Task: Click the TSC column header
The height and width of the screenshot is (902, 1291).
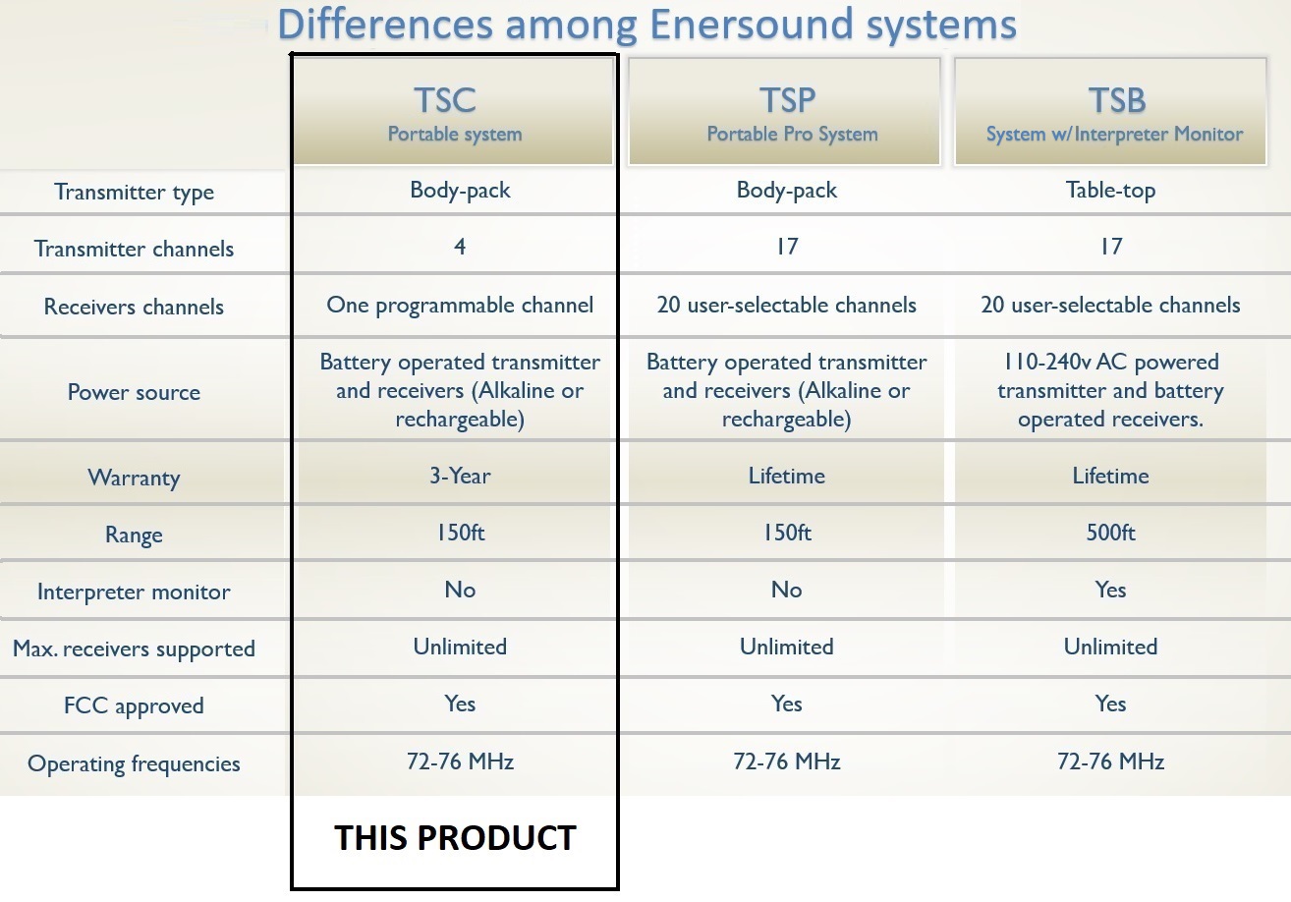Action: coord(454,112)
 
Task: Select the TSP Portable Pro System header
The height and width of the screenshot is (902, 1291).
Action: coord(784,112)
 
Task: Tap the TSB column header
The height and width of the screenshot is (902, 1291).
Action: coord(1110,112)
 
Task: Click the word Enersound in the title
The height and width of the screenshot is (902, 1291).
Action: coord(751,26)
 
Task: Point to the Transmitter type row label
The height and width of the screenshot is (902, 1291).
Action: coord(135,192)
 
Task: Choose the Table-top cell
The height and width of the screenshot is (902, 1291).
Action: coord(1110,191)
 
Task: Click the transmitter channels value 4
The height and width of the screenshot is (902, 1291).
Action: coord(460,247)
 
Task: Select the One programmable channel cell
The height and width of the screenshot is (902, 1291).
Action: coord(460,306)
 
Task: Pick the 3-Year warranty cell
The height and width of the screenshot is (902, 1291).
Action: coord(460,477)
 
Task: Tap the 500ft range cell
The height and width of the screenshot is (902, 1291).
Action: coord(1110,533)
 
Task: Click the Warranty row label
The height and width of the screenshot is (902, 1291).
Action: coord(135,479)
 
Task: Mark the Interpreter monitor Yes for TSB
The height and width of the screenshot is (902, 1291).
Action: coord(1110,590)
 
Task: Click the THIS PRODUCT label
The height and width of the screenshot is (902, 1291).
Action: coord(455,837)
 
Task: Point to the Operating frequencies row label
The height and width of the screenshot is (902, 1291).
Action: coord(135,764)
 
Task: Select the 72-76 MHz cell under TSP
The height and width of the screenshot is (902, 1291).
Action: coord(787,761)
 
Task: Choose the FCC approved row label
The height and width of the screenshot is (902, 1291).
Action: coord(135,706)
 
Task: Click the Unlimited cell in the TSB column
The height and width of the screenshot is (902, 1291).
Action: coord(1110,647)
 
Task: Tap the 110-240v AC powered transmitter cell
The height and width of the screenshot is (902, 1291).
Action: coord(1110,391)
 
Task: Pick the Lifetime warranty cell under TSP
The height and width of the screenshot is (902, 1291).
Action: coord(787,477)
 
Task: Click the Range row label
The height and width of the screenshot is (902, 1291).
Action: coord(135,535)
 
